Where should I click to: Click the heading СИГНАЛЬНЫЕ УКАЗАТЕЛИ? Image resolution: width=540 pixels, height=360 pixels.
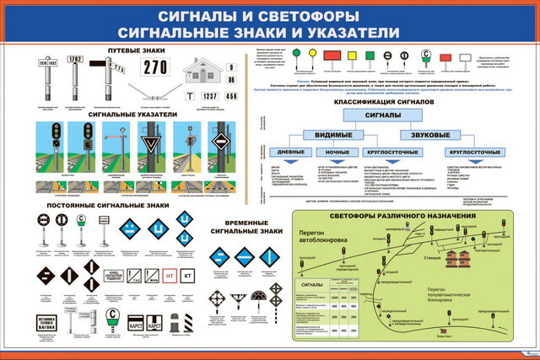pos(132,113)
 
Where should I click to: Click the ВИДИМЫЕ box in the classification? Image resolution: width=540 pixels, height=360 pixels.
pos(333,135)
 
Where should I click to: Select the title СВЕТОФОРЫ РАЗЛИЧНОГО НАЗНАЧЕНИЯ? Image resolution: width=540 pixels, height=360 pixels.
pos(403,216)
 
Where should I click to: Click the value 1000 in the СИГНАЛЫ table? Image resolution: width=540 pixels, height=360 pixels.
pos(336,297)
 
